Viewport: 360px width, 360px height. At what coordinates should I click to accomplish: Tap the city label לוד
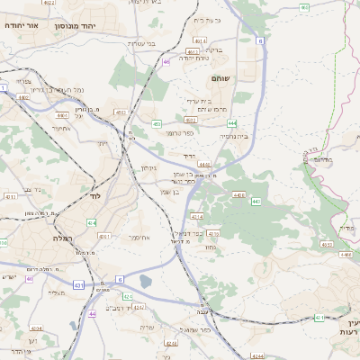pyautogui.click(x=95, y=195)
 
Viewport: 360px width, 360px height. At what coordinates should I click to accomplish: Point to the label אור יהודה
pyautogui.click(x=19, y=25)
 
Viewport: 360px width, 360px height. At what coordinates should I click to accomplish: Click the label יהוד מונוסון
pyautogui.click(x=99, y=27)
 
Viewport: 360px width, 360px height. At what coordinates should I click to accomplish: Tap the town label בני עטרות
pyautogui.click(x=143, y=44)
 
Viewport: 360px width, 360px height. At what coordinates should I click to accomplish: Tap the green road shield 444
pyautogui.click(x=232, y=122)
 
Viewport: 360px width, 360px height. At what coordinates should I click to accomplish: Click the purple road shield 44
pyautogui.click(x=92, y=313)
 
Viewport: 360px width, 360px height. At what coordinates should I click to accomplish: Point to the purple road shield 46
pyautogui.click(x=166, y=62)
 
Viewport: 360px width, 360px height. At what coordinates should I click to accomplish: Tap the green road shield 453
pyautogui.click(x=157, y=123)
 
